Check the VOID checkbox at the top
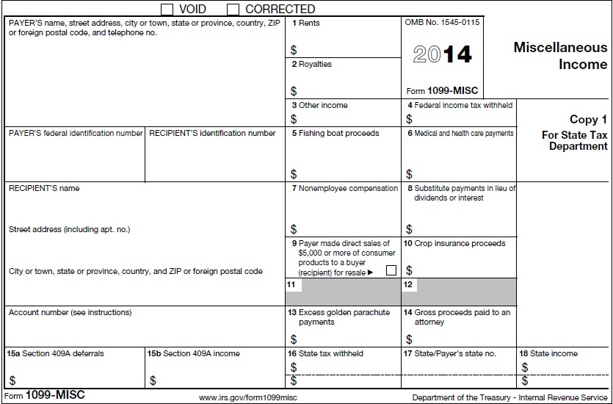(167, 9)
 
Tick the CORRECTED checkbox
(233, 9)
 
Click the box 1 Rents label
(306, 24)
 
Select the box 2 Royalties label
(312, 65)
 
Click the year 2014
(442, 54)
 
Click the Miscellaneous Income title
(560, 56)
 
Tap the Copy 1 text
(588, 120)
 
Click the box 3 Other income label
(320, 106)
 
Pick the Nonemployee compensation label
(344, 189)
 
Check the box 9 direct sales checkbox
(391, 270)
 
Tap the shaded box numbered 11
(343, 292)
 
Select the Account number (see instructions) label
(70, 313)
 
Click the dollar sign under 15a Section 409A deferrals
(12, 380)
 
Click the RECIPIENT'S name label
(44, 189)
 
